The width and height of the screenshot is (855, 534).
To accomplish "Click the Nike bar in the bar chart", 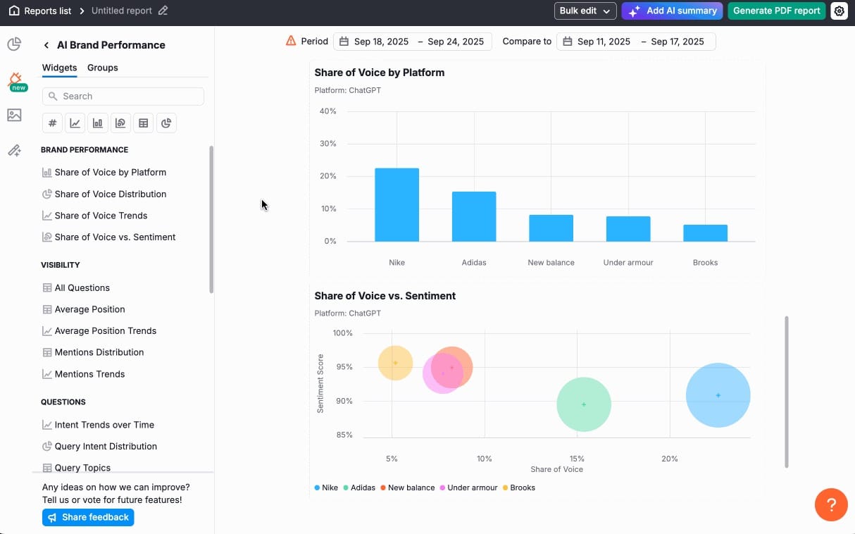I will [397, 205].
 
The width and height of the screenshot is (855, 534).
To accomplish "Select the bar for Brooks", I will [705, 233].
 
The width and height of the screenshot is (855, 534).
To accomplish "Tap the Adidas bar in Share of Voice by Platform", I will [474, 216].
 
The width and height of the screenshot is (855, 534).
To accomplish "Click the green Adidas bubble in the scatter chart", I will [584, 404].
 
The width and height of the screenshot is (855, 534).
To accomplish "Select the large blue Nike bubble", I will [718, 395].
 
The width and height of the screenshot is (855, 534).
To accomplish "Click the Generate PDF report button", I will [776, 11].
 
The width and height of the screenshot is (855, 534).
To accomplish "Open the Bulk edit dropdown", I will [585, 11].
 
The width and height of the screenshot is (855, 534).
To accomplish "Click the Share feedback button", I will [88, 517].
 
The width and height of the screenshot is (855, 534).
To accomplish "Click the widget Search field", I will [123, 97].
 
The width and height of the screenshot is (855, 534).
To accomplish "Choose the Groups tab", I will [103, 68].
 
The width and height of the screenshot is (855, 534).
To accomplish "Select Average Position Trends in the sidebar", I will [105, 330].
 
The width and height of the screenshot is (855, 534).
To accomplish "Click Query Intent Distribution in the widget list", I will [106, 446].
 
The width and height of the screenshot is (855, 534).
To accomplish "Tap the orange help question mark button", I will [830, 504].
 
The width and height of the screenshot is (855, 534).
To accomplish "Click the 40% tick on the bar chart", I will [328, 111].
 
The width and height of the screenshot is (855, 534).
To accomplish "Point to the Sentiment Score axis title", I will [320, 383].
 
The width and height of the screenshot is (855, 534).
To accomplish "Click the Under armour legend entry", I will [472, 488].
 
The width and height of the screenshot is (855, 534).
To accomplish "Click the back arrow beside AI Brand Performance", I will [46, 45].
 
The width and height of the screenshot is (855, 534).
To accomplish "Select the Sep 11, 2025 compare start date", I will [604, 42].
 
